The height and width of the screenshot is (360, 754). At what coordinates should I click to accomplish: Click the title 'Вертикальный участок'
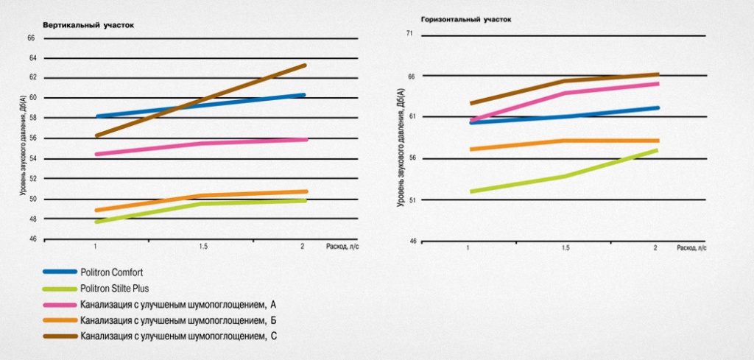[x=88, y=26]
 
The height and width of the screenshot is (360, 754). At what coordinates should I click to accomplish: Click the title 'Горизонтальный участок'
[x=465, y=20]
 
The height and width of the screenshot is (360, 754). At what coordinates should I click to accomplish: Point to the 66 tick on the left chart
[x=32, y=38]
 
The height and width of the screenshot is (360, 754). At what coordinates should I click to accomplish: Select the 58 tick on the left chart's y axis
[x=32, y=118]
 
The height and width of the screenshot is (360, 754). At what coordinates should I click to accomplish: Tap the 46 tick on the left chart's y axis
[x=32, y=239]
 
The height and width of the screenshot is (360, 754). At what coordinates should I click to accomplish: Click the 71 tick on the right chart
[x=410, y=34]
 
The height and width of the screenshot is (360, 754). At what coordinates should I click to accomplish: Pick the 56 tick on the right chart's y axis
[x=410, y=158]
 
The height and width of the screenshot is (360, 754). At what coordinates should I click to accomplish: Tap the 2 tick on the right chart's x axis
[x=655, y=248]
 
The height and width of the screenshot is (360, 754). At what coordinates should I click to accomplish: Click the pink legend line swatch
[x=60, y=305]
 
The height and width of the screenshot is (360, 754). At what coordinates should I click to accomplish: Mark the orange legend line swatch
[x=60, y=321]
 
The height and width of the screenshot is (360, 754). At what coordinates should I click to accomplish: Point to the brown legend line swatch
[x=60, y=337]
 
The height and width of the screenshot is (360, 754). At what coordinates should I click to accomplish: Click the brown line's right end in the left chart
[x=305, y=66]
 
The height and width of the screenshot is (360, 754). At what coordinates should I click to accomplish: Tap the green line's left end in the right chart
[x=471, y=191]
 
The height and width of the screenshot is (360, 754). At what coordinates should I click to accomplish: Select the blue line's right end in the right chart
[x=657, y=108]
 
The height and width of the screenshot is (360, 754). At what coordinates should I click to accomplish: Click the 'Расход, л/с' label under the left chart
[x=342, y=247]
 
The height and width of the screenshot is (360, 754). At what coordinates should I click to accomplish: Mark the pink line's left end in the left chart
[x=97, y=154]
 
